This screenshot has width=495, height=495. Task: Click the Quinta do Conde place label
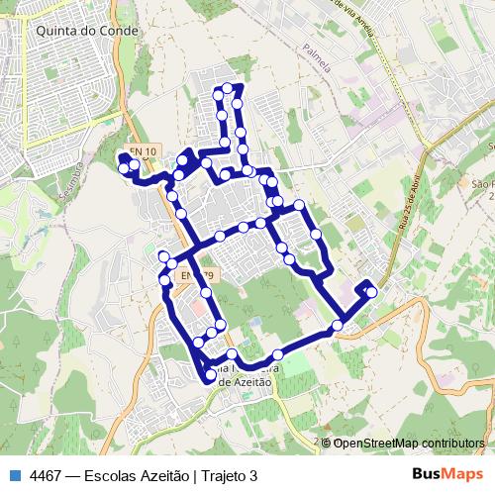pyautogui.click(x=87, y=31)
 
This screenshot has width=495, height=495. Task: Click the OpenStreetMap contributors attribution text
pyautogui.click(x=408, y=443)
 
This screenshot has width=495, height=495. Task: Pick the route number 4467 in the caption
pyautogui.click(x=46, y=475)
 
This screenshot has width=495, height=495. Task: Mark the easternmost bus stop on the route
pyautogui.click(x=372, y=291)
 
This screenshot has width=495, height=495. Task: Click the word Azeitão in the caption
pyautogui.click(x=163, y=475)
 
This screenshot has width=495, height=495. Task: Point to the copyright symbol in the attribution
pyautogui.click(x=327, y=443)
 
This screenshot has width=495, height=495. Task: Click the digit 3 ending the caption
pyautogui.click(x=253, y=475)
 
